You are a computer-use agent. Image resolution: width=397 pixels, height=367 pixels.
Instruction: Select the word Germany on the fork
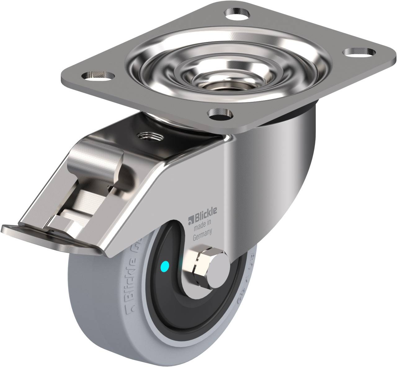pos(202,238)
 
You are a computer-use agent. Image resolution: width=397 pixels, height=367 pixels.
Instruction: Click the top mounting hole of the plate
pos(238,14)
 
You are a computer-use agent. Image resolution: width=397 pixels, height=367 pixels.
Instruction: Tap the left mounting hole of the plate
pos(96,75)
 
